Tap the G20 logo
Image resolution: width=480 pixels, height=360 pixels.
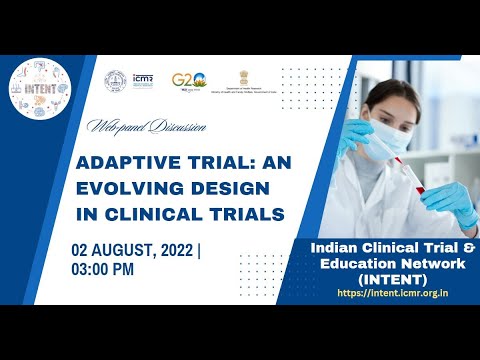[188, 81]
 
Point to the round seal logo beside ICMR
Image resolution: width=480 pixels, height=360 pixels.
[118, 79]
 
